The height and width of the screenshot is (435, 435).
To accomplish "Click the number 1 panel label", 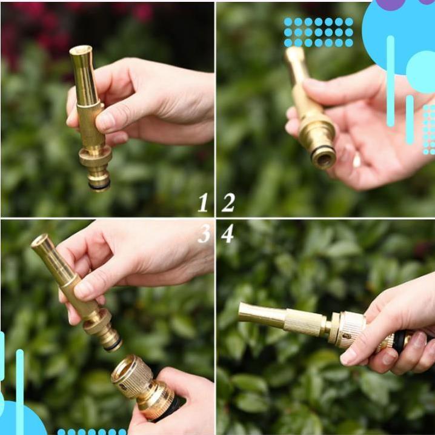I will [x=203, y=202].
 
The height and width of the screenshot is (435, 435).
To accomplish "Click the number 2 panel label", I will [x=228, y=202].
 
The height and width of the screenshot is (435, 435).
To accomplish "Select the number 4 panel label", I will [x=228, y=233].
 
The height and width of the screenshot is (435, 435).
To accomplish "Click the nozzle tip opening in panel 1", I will [x=81, y=51].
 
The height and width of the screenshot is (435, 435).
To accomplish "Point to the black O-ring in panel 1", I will [x=100, y=187].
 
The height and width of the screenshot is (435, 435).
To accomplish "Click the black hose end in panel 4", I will [x=400, y=342].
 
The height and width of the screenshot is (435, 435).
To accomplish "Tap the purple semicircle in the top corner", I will [x=390, y=5].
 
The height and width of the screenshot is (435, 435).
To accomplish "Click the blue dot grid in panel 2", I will [x=318, y=32].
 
